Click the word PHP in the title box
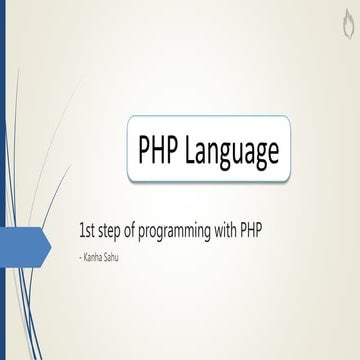pos(159,151)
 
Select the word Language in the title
pos(231,152)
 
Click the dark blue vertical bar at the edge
pos(3,180)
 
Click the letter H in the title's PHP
pos(159,151)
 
